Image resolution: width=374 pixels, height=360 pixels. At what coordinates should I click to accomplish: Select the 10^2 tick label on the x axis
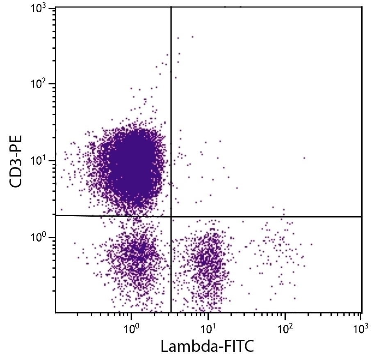pyautogui.click(x=284, y=327)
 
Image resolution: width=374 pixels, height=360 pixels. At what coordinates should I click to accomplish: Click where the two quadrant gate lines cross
pyautogui.click(x=171, y=216)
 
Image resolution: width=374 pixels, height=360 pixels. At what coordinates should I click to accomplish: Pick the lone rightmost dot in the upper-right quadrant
pyautogui.click(x=304, y=158)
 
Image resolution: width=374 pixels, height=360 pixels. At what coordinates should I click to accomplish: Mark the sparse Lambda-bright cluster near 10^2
pyautogui.click(x=279, y=250)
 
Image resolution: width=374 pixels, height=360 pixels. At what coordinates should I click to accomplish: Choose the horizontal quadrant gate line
pyautogui.click(x=267, y=216)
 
